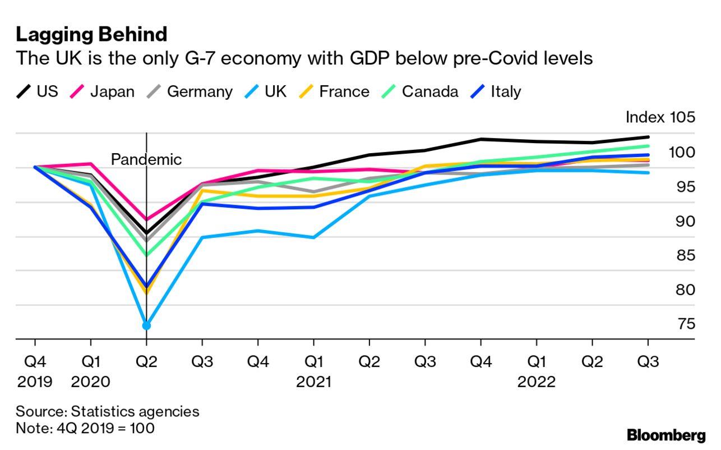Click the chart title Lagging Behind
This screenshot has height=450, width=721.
tap(91, 35)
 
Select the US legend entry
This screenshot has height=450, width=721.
tap(37, 91)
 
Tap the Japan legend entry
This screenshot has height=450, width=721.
tap(102, 92)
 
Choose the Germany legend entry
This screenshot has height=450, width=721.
tap(190, 92)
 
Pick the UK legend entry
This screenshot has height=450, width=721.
tap(266, 91)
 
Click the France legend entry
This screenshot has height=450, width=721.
tap(334, 91)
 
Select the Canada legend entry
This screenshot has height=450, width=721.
tap(420, 91)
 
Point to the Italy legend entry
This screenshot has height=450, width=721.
tap(496, 92)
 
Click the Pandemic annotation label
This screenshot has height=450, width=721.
tap(146, 159)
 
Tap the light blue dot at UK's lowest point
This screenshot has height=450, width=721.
tap(146, 326)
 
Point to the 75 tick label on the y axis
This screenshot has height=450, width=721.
tap(686, 324)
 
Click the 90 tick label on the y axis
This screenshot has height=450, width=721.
tap(686, 222)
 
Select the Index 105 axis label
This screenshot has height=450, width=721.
tap(660, 117)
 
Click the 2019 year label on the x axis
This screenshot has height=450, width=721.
tap(35, 382)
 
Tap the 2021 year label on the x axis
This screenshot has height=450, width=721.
tap(313, 382)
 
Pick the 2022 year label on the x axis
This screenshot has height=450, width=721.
tap(537, 382)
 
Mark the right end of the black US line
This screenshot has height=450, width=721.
tap(648, 137)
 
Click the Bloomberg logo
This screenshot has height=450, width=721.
tap(666, 435)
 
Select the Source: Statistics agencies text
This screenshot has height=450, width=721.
tap(108, 412)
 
